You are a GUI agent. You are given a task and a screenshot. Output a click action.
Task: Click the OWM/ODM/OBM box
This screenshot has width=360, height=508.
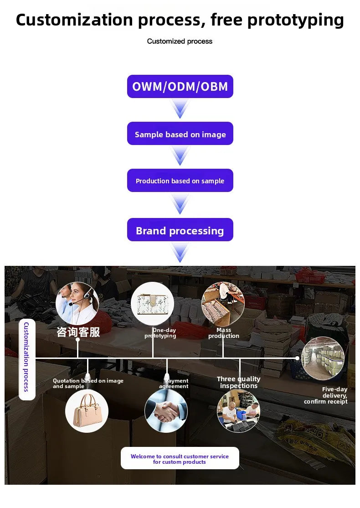coord(180,87)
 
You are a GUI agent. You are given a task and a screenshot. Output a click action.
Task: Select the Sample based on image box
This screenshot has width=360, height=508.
coord(180,134)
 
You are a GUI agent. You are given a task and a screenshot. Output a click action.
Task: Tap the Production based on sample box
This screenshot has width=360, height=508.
coord(180,181)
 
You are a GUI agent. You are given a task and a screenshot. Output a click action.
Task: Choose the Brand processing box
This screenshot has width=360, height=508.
coord(180,230)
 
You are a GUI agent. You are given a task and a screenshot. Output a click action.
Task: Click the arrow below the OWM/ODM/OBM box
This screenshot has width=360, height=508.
coord(180,109)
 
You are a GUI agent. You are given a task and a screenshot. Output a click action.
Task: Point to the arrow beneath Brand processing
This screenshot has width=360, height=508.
coord(180,253)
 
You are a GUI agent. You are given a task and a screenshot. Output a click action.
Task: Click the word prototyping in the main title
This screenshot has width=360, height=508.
coord(296,20)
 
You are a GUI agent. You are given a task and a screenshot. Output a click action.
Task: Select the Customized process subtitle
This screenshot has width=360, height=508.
coord(180,41)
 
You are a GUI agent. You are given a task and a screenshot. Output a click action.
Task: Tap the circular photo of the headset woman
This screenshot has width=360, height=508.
coord(77,304)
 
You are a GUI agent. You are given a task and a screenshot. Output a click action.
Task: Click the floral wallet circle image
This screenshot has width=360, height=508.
coord(153,304)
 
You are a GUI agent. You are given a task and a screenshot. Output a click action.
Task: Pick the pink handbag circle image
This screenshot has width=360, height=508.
coord(87,411)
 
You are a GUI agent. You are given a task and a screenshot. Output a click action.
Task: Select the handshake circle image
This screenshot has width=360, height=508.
coord(166,411)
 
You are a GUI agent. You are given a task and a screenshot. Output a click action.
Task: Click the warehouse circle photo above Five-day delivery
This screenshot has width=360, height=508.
coord(323,358)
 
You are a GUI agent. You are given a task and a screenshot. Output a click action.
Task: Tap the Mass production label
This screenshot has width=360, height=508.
coord(224,333)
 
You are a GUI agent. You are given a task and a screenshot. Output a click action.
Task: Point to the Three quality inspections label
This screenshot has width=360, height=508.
coord(239,382)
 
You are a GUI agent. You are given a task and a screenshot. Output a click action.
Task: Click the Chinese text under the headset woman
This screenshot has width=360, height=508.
coord(78,332)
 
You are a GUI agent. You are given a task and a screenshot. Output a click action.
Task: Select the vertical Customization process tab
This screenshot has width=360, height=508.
coord(27,359)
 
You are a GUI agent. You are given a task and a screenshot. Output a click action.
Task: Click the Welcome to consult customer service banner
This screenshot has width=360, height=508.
coord(180,458)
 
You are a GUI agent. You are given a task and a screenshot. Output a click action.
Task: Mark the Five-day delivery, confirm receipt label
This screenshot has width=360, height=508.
coord(326,395)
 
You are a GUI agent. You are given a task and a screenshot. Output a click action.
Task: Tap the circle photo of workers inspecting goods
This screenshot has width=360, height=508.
coord(239,411)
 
